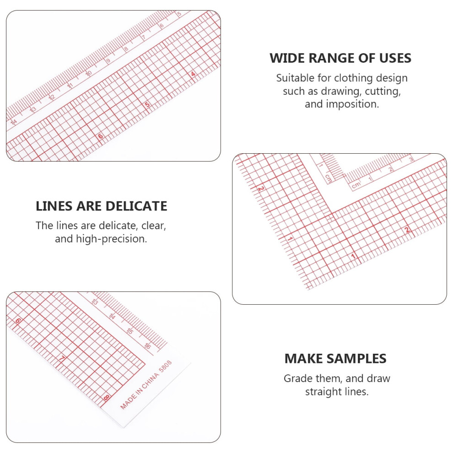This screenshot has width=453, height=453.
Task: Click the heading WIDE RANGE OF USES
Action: [x=340, y=58]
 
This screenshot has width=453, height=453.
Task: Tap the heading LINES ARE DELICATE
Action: [x=102, y=206]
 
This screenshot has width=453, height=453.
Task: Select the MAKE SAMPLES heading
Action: [x=335, y=359]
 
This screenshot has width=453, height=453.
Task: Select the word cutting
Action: [x=383, y=92]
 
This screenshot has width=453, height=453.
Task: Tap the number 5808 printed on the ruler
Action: [x=166, y=367]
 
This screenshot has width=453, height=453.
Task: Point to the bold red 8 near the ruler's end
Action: [x=106, y=398]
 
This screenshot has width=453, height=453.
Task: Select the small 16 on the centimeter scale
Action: [x=148, y=345]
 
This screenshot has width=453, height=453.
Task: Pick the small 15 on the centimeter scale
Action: [x=130, y=331]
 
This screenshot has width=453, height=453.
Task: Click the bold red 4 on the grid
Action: [x=193, y=74]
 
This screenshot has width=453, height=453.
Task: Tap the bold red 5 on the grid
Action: [x=147, y=105]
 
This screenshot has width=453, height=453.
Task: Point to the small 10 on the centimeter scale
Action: [x=88, y=73]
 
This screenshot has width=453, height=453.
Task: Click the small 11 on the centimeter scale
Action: [x=70, y=86]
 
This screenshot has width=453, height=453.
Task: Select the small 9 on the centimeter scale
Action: [x=108, y=61]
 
